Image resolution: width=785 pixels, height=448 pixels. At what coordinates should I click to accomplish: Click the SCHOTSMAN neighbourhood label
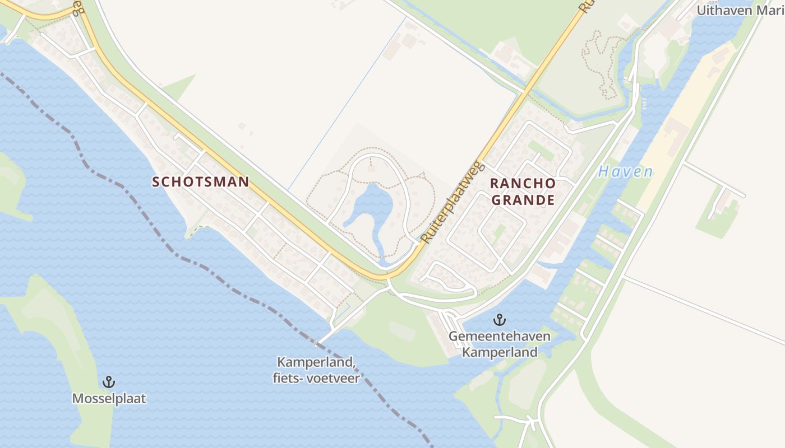[x=201, y=181]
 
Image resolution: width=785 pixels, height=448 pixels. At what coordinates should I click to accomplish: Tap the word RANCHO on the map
[x=523, y=184]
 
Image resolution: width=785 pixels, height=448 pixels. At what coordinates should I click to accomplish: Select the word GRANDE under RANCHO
[x=523, y=200]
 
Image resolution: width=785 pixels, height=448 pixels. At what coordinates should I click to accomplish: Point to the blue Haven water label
[x=625, y=172]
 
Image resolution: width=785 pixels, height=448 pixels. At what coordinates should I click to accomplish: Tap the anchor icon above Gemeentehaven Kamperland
[x=499, y=320]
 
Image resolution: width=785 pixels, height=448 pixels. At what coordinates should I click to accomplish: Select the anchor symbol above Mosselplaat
[x=109, y=382]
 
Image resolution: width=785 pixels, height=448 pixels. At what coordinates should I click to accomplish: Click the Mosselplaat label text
[x=109, y=398]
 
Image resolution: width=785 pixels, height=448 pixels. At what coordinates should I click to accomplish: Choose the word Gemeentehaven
[x=499, y=337]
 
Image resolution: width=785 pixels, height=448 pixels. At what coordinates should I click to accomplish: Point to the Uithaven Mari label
[x=740, y=10]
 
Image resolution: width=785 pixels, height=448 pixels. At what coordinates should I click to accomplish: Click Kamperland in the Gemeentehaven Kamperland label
[x=499, y=352]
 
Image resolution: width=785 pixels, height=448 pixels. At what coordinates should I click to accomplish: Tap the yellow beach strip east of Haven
[x=673, y=146]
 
